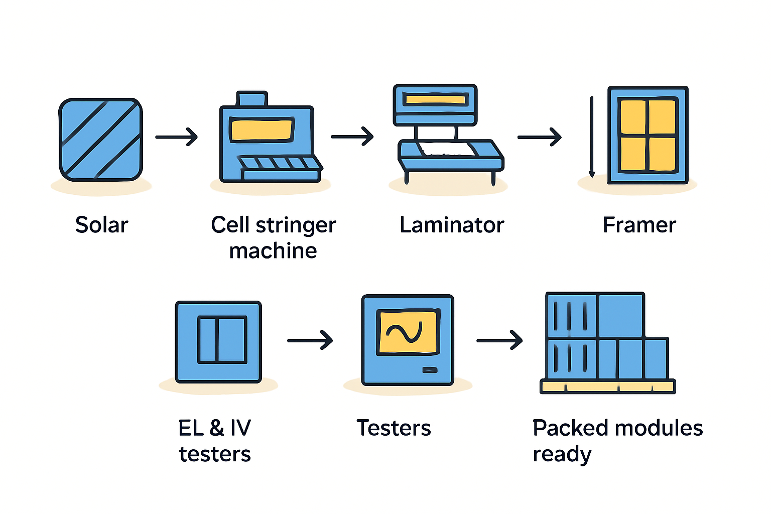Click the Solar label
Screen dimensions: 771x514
coord(101,225)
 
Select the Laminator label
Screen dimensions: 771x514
coord(452,225)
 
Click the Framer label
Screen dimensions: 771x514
coord(639,225)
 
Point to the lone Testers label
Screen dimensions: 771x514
coord(394,428)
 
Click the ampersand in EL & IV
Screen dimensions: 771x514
coord(216,428)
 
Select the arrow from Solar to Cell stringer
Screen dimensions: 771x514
coord(176,137)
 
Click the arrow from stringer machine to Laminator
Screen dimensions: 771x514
coord(352,137)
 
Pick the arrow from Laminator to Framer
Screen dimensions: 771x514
coord(540,137)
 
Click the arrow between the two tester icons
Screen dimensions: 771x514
coord(310,340)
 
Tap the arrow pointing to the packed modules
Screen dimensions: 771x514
coord(499,340)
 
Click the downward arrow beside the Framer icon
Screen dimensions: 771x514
coord(592,137)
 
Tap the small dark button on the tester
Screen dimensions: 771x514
coord(430,370)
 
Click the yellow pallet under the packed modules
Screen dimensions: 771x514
coord(607,387)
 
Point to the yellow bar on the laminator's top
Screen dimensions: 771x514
coord(435,99)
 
